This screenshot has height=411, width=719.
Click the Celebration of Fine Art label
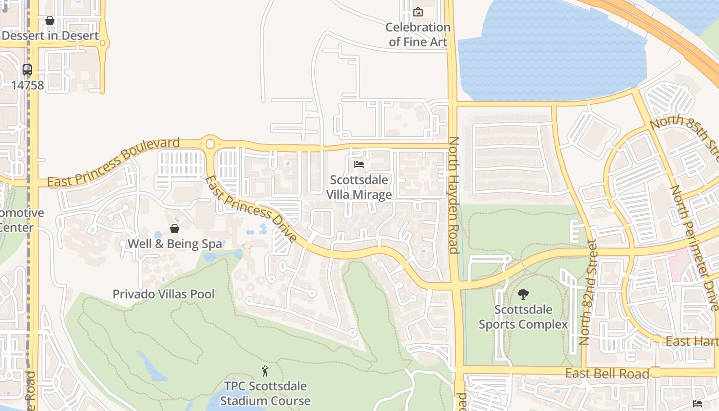pyautogui.click(x=418, y=34)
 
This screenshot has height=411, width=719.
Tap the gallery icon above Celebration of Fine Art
pyautogui.click(x=418, y=11)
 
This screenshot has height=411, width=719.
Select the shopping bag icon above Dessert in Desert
pyautogui.click(x=50, y=21)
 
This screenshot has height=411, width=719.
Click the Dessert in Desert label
pyautogui.click(x=50, y=35)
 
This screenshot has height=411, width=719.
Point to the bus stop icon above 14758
pyautogui.click(x=27, y=70)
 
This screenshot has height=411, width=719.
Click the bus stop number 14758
pyautogui.click(x=28, y=85)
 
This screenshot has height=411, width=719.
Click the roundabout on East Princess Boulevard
pyautogui.click(x=210, y=144)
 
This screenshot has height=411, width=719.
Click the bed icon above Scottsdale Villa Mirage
pyautogui.click(x=359, y=164)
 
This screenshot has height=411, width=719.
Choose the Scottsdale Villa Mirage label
pyautogui.click(x=359, y=187)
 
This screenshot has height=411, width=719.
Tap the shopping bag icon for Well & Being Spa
pyautogui.click(x=175, y=229)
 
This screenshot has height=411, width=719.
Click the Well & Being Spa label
pyautogui.click(x=175, y=244)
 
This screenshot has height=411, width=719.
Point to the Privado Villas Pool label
pyautogui.click(x=164, y=294)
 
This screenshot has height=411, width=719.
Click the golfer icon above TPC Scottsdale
pyautogui.click(x=265, y=371)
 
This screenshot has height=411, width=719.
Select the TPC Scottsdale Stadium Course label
pyautogui.click(x=266, y=394)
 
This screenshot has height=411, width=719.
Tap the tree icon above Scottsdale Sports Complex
pyautogui.click(x=523, y=294)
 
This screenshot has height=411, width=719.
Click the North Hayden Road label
pyautogui.click(x=454, y=195)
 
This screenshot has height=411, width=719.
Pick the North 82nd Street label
pyautogui.click(x=589, y=292)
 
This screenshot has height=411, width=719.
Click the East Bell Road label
pyautogui.click(x=607, y=373)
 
